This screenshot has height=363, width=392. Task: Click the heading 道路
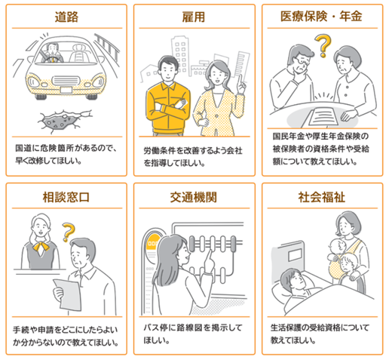(66, 17)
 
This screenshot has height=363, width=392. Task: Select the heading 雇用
(194, 17)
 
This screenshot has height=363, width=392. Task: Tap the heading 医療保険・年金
(321, 17)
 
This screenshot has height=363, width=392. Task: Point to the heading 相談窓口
(66, 197)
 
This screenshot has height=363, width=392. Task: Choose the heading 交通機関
(194, 197)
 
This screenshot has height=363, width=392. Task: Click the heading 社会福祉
(322, 197)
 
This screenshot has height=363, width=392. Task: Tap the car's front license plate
(66, 90)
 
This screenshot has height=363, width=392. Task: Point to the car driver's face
(53, 49)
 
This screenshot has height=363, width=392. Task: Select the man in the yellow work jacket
(168, 97)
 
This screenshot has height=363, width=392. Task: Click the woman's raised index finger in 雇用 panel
(240, 80)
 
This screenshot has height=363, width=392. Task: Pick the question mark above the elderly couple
(323, 46)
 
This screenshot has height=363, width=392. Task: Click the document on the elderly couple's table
(323, 116)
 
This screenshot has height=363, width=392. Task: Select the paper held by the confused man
(67, 294)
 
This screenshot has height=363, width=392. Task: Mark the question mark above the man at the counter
(69, 232)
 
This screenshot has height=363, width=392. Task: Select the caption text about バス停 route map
(193, 334)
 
